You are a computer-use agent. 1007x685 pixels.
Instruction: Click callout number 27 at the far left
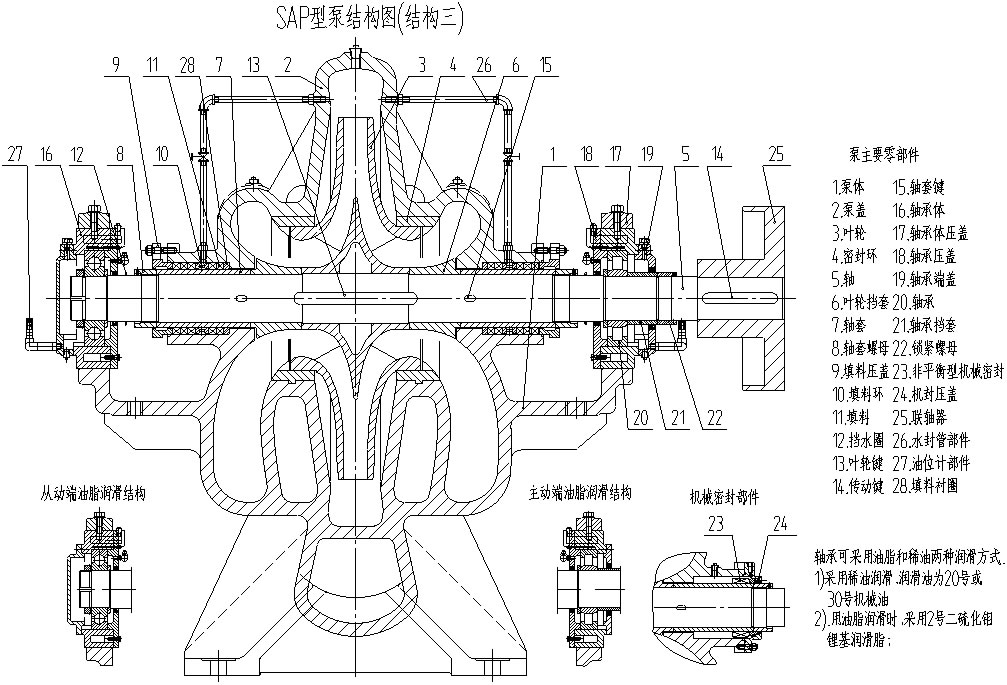(x=15, y=153)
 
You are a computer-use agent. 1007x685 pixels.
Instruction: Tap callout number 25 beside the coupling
(x=775, y=153)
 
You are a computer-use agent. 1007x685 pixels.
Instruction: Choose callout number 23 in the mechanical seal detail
(x=716, y=522)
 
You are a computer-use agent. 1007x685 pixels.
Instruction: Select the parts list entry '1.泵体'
(x=851, y=186)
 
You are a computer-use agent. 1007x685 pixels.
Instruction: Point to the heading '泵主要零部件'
(x=885, y=155)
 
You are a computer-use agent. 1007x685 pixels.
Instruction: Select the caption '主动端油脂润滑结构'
(x=581, y=493)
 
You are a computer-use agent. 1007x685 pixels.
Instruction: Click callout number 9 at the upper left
(x=116, y=65)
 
